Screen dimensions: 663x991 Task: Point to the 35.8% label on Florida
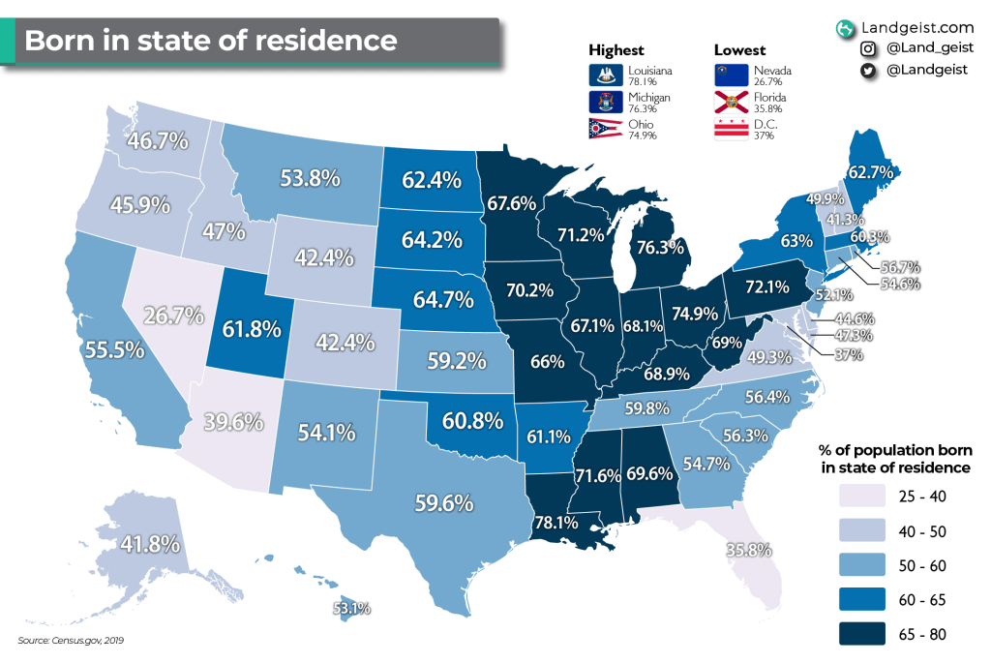tap(749, 550)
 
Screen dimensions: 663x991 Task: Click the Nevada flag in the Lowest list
tap(730, 75)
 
